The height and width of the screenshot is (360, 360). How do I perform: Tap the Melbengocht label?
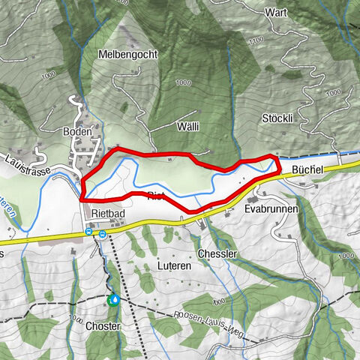pyautogui.click(x=126, y=54)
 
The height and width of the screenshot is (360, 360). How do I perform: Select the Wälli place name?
pyautogui.click(x=188, y=127)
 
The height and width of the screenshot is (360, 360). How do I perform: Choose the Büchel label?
pyautogui.click(x=307, y=170)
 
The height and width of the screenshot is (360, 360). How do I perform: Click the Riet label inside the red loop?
pyautogui.click(x=156, y=196)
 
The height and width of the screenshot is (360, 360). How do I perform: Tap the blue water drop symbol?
pyautogui.click(x=114, y=300)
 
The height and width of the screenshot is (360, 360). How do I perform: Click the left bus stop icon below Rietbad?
pyautogui.click(x=89, y=232)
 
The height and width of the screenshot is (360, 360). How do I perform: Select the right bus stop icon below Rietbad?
pyautogui.click(x=102, y=232)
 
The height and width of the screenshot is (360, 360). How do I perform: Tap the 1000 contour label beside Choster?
pyautogui.click(x=76, y=317)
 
